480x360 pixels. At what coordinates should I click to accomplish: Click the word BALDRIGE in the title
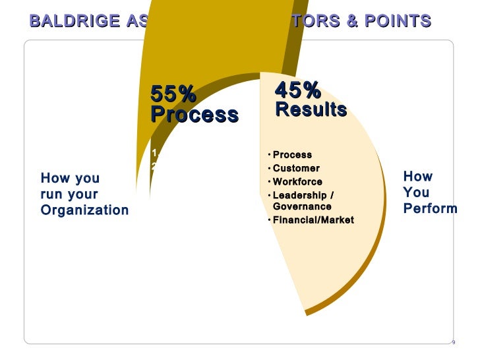tap(73, 22)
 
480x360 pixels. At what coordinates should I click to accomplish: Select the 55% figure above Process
tap(173, 94)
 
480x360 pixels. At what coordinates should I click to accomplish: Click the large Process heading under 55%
tap(194, 115)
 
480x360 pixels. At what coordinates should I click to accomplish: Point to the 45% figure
tap(297, 89)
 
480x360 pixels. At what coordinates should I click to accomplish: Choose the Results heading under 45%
tap(311, 109)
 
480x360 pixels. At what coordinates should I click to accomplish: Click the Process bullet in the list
tap(292, 155)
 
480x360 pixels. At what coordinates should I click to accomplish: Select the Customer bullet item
tap(296, 168)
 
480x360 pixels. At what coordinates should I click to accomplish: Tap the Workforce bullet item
tap(297, 181)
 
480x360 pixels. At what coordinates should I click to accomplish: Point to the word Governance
tap(302, 206)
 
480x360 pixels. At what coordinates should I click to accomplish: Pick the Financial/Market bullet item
tap(313, 220)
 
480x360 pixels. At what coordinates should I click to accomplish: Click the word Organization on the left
tap(84, 211)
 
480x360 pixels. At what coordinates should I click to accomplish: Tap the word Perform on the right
tap(430, 209)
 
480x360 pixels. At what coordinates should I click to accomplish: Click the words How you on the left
tap(70, 179)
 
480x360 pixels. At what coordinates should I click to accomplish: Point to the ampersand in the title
tap(352, 22)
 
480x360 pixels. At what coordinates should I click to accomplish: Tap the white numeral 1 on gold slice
tap(154, 153)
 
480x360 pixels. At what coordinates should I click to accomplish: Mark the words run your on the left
tap(69, 195)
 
